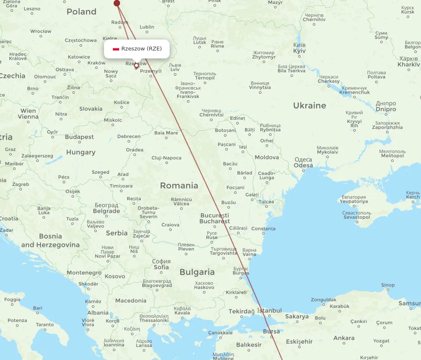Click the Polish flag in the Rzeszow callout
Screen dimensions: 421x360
[x=116, y=49]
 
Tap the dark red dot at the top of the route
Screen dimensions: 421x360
[x=117, y=3]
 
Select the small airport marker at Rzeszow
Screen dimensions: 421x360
[x=136, y=66]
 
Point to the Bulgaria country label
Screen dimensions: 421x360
[x=197, y=272]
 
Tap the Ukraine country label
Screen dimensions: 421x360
[x=309, y=106]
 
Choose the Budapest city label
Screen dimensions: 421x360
[x=80, y=137]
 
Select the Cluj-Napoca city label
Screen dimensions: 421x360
[x=166, y=158]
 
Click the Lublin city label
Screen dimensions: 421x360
[x=147, y=27]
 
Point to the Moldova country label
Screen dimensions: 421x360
[x=266, y=157]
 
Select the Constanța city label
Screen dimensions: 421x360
[x=263, y=229]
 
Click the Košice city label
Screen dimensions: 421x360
[x=122, y=102]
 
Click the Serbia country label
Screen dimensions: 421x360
[x=117, y=233]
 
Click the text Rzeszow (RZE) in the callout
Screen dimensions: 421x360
[x=141, y=49]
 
